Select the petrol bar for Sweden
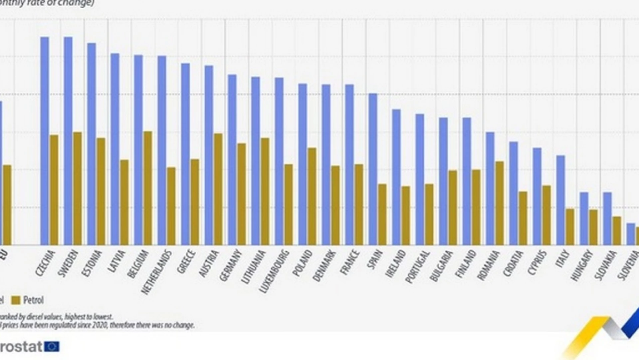(x=77, y=188)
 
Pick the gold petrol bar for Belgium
(x=148, y=188)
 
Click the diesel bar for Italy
(x=560, y=200)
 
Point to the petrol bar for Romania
(x=500, y=203)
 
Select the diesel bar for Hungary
(x=584, y=218)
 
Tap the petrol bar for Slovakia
(x=617, y=231)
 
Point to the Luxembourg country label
(x=274, y=271)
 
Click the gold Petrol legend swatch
(x=16, y=300)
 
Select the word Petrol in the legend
(x=33, y=300)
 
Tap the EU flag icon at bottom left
(x=52, y=347)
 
